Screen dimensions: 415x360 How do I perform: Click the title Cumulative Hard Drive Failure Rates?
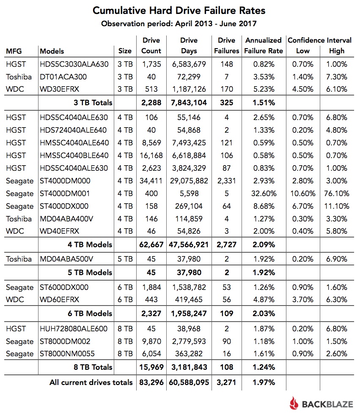click(179, 10)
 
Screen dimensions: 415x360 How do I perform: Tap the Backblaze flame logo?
click(294, 403)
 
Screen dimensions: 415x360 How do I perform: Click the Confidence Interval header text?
click(319, 41)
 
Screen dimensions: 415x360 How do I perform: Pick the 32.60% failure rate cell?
click(263, 194)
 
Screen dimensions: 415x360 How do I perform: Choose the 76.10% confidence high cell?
click(337, 194)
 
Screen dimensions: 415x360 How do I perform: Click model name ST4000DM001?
click(65, 194)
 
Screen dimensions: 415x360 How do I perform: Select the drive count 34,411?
click(151, 181)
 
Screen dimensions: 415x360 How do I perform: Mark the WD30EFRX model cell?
click(60, 89)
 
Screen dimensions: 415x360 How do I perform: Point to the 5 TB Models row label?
click(92, 272)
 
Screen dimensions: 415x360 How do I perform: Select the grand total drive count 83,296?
click(151, 382)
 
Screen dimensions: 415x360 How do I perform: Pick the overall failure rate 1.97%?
click(263, 382)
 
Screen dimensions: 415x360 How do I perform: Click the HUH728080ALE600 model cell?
click(74, 329)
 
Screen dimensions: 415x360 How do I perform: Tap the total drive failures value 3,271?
click(226, 382)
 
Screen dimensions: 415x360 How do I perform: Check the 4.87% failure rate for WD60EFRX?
click(263, 300)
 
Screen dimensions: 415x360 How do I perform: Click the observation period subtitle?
click(179, 23)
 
